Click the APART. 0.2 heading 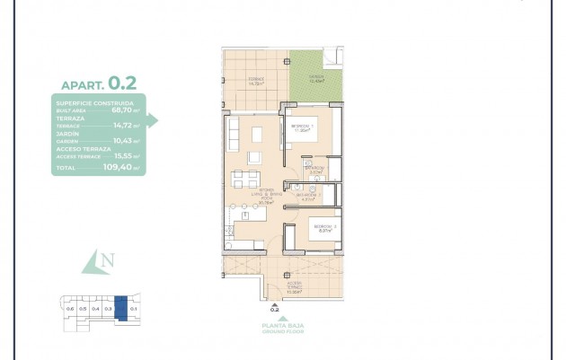tap(99, 83)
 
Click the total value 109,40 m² tap(122, 167)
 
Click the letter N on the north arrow tap(108, 261)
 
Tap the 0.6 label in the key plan tap(70, 310)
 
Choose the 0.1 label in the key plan tap(134, 310)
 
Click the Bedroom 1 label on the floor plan tap(303, 127)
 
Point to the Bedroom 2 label tap(323, 228)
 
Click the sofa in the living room tap(234, 136)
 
